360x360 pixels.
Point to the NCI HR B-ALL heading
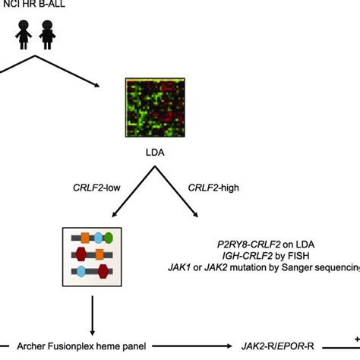click(x=33, y=7)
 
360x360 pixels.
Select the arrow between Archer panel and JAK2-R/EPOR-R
click(x=190, y=346)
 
